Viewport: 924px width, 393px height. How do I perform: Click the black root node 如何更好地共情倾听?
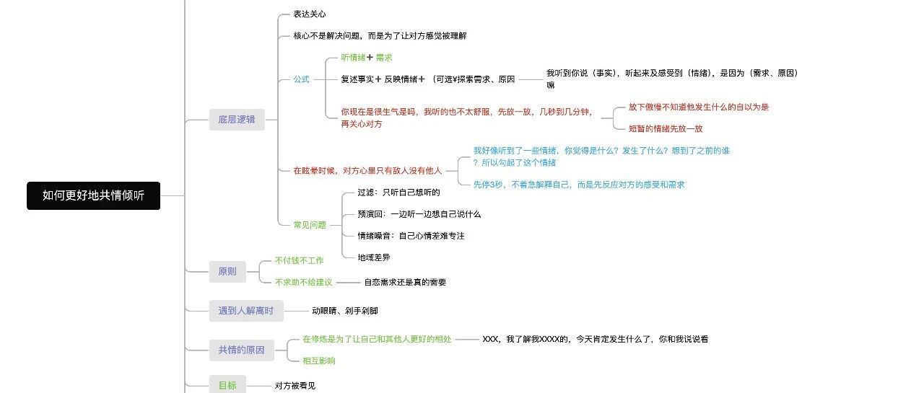pyautogui.click(x=93, y=195)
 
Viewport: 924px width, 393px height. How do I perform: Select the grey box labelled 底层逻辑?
pyautogui.click(x=237, y=120)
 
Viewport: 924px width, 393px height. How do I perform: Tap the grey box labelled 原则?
pyautogui.click(x=227, y=272)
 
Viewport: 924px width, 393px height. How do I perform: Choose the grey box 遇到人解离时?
pyautogui.click(x=246, y=311)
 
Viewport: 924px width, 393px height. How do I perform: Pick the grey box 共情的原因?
pyautogui.click(x=241, y=350)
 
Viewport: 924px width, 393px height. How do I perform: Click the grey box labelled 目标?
pyautogui.click(x=227, y=385)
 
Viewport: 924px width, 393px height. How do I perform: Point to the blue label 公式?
pyautogui.click(x=301, y=79)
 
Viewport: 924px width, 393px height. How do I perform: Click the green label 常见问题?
pyautogui.click(x=310, y=225)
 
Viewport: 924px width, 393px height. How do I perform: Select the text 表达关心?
pyautogui.click(x=309, y=14)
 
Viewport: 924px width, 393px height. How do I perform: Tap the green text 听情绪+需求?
pyautogui.click(x=367, y=58)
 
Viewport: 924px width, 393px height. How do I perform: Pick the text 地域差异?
pyautogui.click(x=374, y=257)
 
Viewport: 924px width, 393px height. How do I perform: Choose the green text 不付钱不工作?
pyautogui.click(x=299, y=260)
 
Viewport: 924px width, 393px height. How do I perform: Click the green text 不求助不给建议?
pyautogui.click(x=303, y=282)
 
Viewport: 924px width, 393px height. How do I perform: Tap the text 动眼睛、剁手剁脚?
pyautogui.click(x=344, y=311)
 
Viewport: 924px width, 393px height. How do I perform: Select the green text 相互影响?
pyautogui.click(x=318, y=361)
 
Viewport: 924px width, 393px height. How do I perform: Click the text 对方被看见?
pyautogui.click(x=295, y=386)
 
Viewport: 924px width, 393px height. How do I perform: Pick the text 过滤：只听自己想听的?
pyautogui.click(x=398, y=193)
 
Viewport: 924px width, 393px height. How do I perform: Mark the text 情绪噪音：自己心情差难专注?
pyautogui.click(x=411, y=236)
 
